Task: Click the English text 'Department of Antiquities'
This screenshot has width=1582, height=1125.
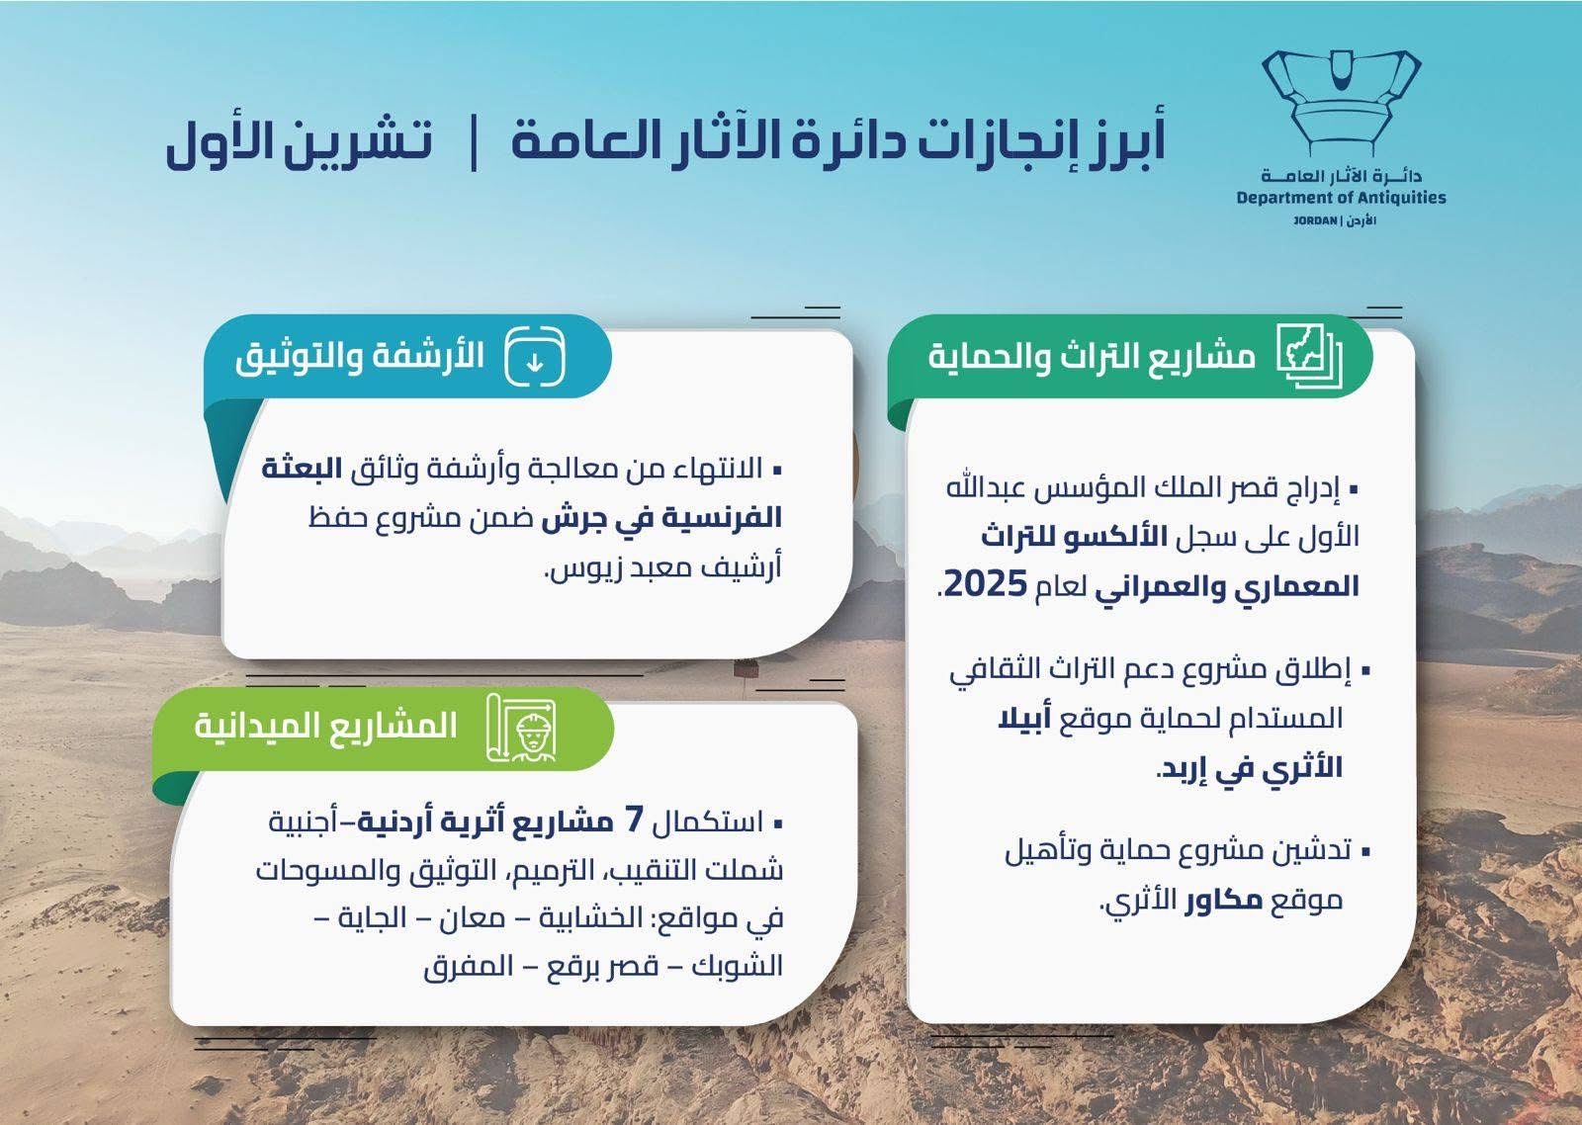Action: [x=1341, y=198]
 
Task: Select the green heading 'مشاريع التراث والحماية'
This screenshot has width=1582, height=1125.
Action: [x=1092, y=357]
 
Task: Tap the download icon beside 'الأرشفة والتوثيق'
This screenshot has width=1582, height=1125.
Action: [x=535, y=357]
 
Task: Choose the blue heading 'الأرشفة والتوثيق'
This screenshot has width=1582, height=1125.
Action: [x=360, y=357]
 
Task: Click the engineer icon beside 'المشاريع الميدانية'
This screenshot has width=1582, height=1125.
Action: [x=522, y=728]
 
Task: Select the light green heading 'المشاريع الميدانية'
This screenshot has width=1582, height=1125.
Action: [x=325, y=727]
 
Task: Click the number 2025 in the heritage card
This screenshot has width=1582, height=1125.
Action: [x=986, y=585]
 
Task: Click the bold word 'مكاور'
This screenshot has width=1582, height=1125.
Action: [x=1224, y=901]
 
